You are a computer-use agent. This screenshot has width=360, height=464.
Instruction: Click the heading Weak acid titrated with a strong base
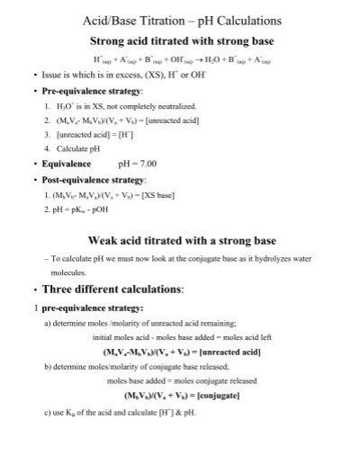click(x=182, y=241)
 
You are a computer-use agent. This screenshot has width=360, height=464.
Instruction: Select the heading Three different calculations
click(x=112, y=289)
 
